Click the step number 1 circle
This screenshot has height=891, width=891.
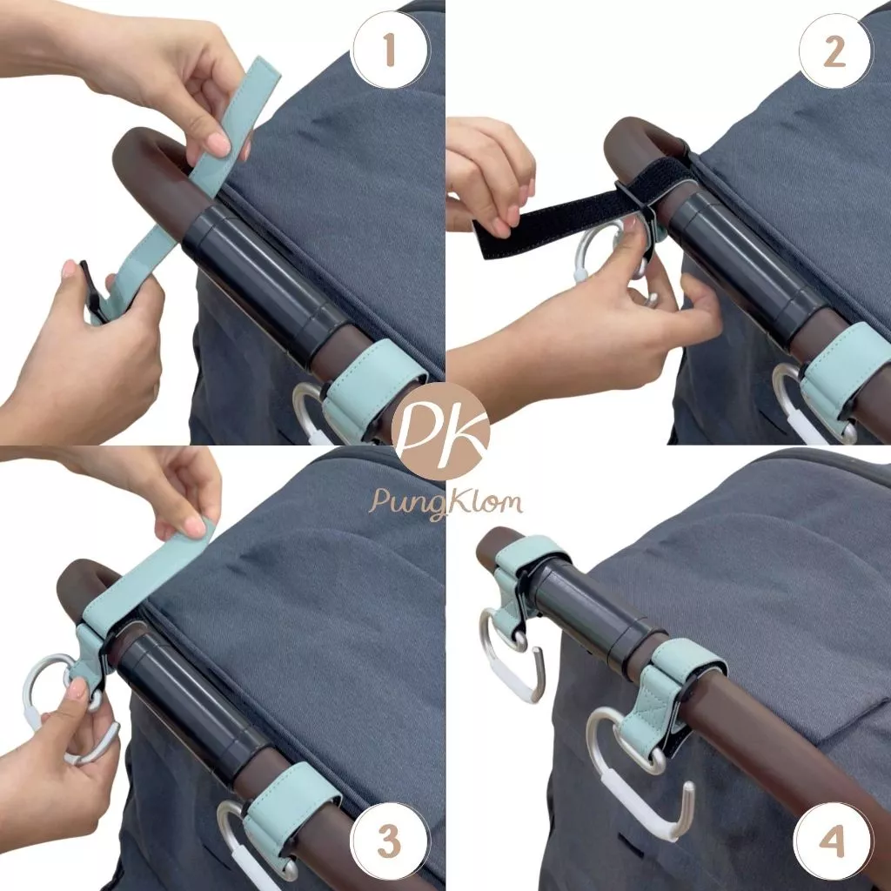(x=390, y=50)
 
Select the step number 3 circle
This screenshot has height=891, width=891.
(x=390, y=841)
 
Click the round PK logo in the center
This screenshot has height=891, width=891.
(x=448, y=432)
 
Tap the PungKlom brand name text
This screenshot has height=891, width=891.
(x=445, y=503)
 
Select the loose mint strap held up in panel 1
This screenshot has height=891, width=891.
(x=188, y=188)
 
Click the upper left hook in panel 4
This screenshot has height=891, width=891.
(x=512, y=653)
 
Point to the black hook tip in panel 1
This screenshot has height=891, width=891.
(x=90, y=290)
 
